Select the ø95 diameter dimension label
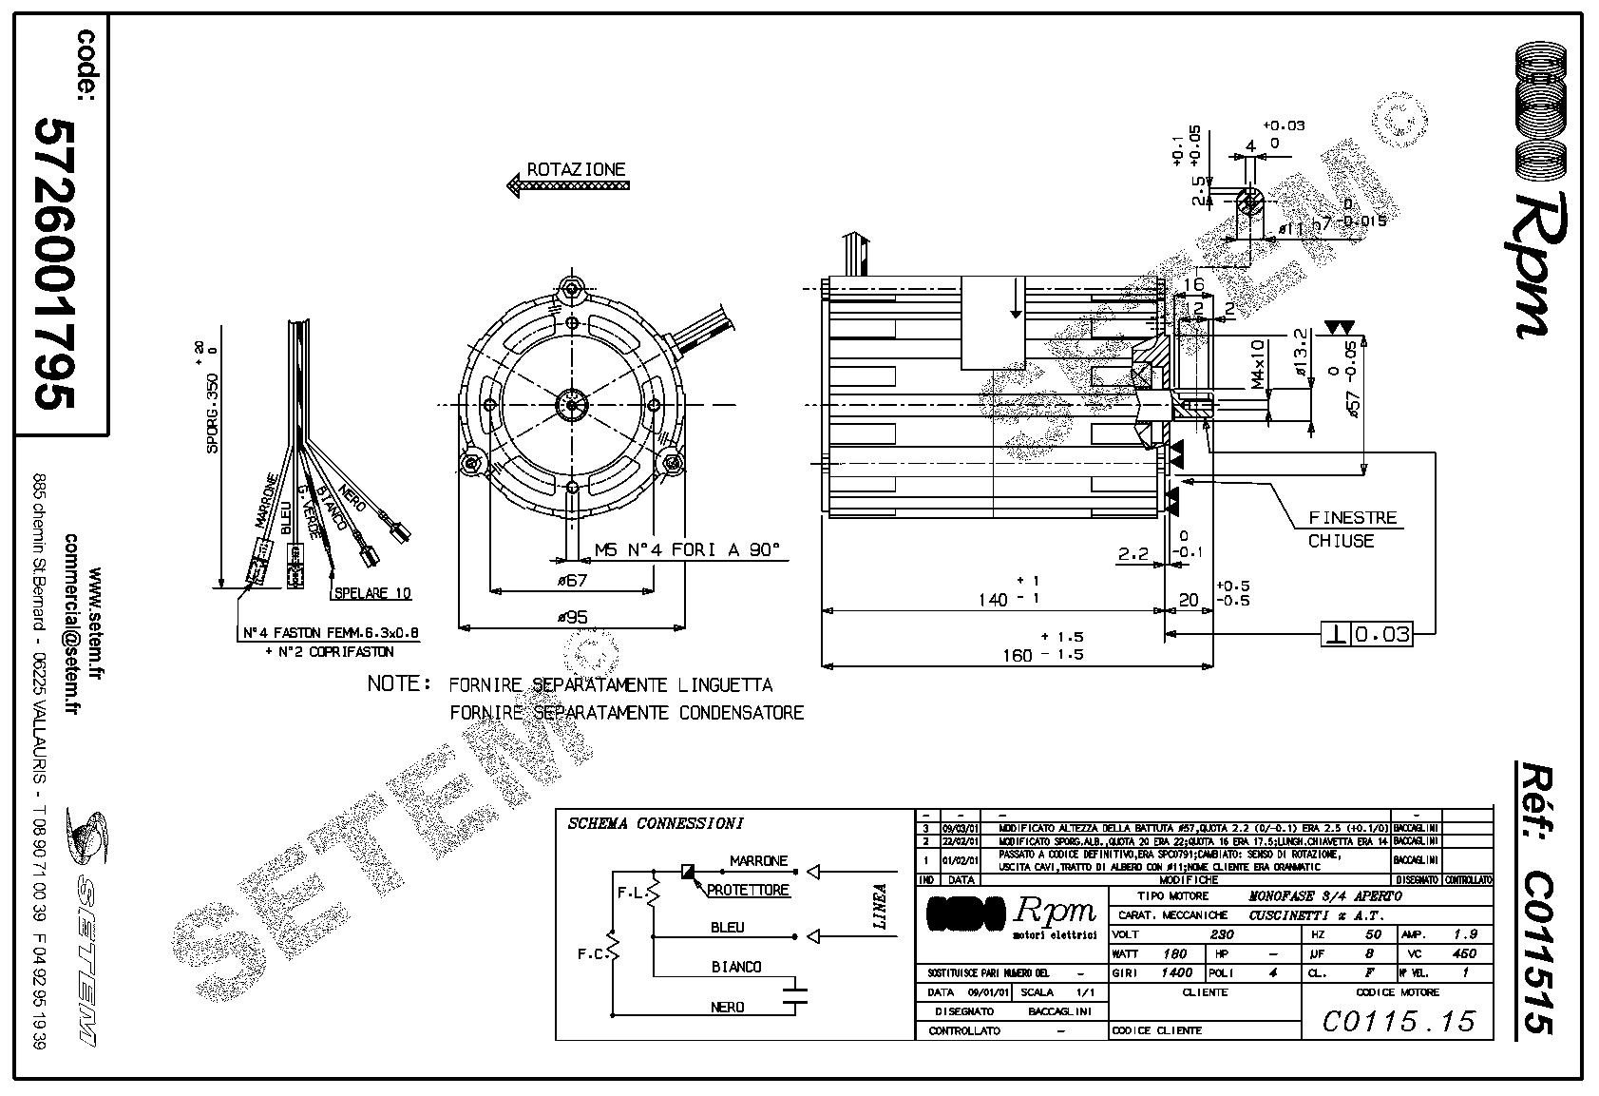[x=572, y=616]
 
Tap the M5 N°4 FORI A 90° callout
[x=686, y=549]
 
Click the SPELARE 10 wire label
[x=372, y=593]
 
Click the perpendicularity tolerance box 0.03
[x=1367, y=634]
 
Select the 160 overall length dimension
[x=1017, y=654]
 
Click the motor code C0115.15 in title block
[x=1399, y=1021]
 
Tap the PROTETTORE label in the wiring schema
[x=748, y=891]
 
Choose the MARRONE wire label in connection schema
[x=758, y=861]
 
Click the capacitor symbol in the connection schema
[x=793, y=995]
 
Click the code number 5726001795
[x=53, y=263]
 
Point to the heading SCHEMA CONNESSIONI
[x=655, y=823]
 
